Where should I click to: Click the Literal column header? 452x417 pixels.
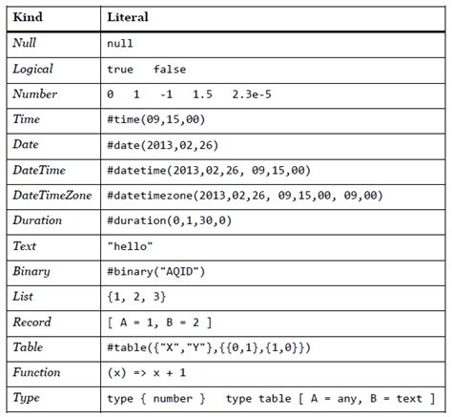(x=128, y=18)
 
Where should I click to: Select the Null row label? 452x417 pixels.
(x=27, y=44)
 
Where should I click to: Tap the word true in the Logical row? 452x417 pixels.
(x=120, y=69)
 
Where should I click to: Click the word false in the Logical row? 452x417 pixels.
(x=169, y=69)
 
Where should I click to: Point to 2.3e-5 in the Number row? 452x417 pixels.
(x=255, y=94)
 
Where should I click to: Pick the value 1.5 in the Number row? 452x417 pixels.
(x=202, y=94)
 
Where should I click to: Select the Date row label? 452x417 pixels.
(x=27, y=144)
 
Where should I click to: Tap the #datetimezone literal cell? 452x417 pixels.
(x=245, y=195)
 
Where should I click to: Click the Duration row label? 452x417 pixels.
(x=38, y=220)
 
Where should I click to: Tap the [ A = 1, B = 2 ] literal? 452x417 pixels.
(x=159, y=322)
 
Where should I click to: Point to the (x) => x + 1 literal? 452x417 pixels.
(x=147, y=372)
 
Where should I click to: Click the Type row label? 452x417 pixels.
(x=27, y=397)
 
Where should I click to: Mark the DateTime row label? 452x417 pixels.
(x=39, y=170)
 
